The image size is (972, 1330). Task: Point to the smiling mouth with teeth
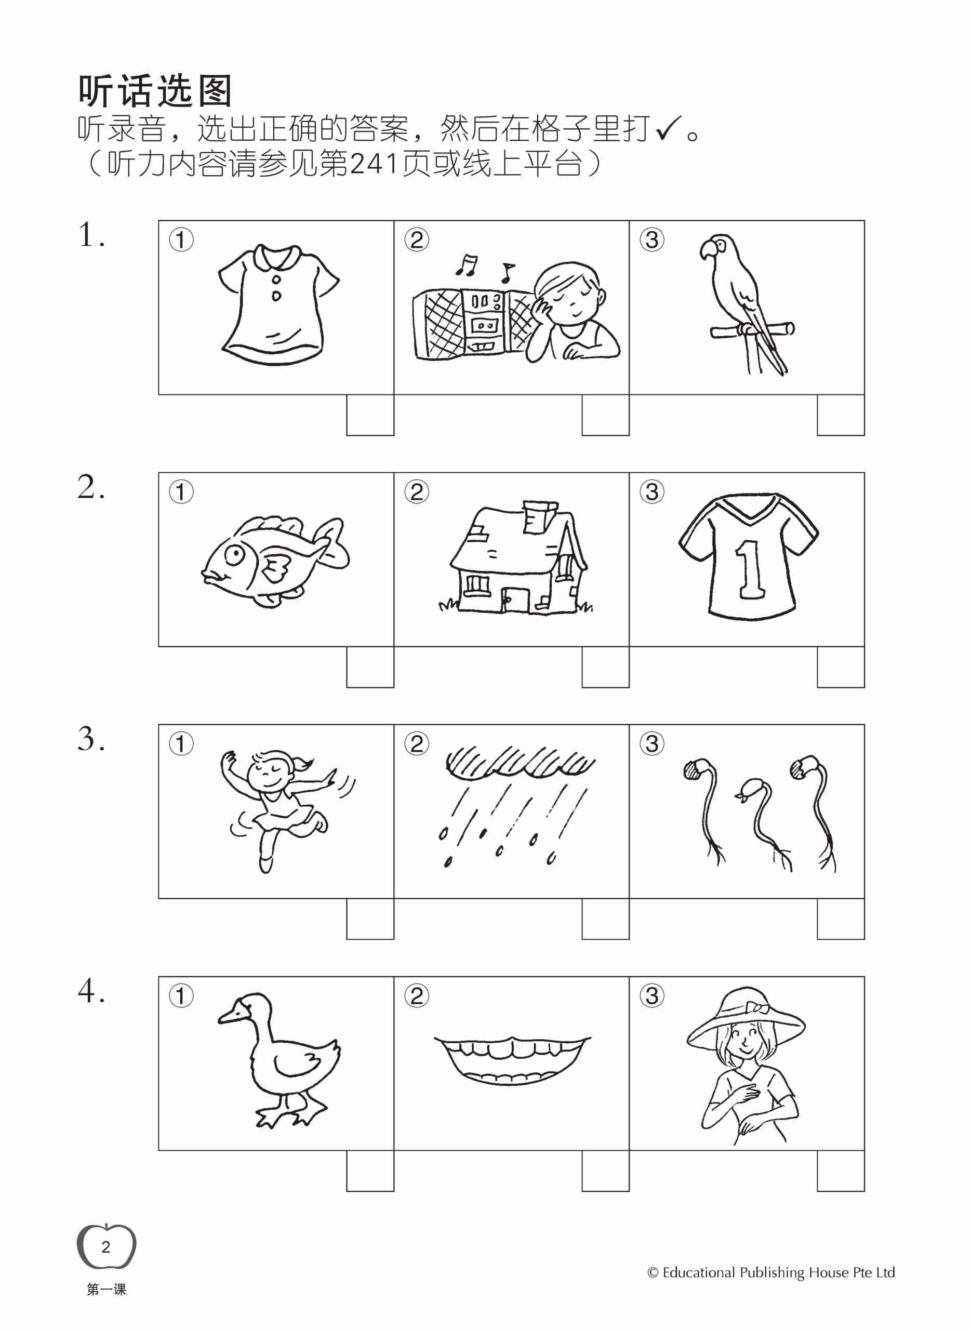tap(512, 1059)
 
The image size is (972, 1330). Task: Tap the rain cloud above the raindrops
tap(520, 761)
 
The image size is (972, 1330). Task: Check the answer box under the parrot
tap(840, 415)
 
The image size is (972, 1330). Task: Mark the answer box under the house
tap(605, 667)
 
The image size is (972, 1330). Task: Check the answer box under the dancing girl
tap(370, 919)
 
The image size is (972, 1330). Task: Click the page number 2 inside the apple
tap(106, 1247)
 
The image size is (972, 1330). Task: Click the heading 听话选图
tap(155, 91)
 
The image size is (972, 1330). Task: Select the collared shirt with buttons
tap(278, 305)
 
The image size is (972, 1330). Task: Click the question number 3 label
tap(91, 739)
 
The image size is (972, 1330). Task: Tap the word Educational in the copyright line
tap(699, 1272)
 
